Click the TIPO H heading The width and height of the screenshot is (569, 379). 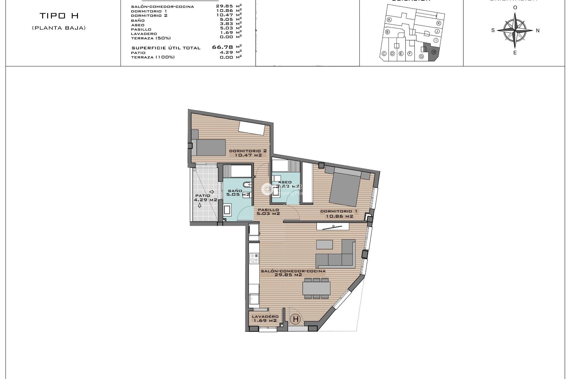[59, 16]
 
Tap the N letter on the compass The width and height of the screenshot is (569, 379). [538, 30]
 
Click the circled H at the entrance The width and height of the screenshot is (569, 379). [295, 319]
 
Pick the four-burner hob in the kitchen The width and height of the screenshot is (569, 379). [254, 258]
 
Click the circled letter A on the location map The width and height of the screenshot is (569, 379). [389, 20]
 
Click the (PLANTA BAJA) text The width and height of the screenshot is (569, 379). [59, 28]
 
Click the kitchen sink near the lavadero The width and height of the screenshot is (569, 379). [254, 299]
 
